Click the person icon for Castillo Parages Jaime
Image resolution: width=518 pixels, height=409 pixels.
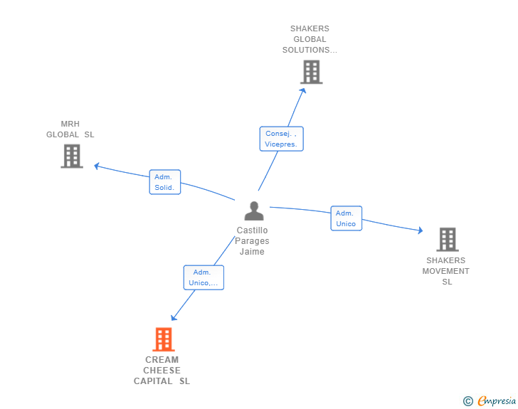[x=254, y=211]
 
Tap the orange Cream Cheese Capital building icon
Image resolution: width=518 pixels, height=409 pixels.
[x=164, y=339]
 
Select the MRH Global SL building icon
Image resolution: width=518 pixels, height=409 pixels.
[x=72, y=156]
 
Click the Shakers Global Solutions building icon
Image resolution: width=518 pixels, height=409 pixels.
[x=311, y=72]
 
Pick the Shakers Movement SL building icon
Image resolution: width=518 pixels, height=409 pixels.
[x=448, y=240]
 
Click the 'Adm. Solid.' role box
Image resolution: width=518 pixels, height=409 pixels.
[x=165, y=182]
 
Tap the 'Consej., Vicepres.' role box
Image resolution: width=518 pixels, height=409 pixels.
[x=282, y=139]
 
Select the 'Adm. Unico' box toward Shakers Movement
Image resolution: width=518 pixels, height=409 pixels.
[x=347, y=218]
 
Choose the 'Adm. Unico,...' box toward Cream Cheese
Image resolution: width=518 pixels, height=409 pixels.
[x=203, y=277]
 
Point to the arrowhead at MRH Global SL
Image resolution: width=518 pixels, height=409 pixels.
[x=97, y=166]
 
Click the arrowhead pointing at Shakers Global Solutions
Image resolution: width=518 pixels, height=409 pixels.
[x=303, y=90]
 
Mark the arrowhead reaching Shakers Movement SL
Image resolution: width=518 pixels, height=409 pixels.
[x=421, y=230]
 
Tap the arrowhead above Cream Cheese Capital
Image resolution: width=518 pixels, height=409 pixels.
[x=174, y=317]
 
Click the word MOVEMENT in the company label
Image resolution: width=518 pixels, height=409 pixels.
[x=445, y=271]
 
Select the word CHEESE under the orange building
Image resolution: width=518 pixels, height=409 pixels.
[x=162, y=371]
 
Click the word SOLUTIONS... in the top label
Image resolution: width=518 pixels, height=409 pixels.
[x=310, y=50]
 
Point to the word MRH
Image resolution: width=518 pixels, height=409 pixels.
[x=70, y=124]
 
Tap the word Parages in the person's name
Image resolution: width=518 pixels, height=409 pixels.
[x=252, y=241]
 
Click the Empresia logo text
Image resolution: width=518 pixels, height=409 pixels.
[x=497, y=400]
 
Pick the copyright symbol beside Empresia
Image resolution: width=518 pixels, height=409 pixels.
[x=468, y=401]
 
